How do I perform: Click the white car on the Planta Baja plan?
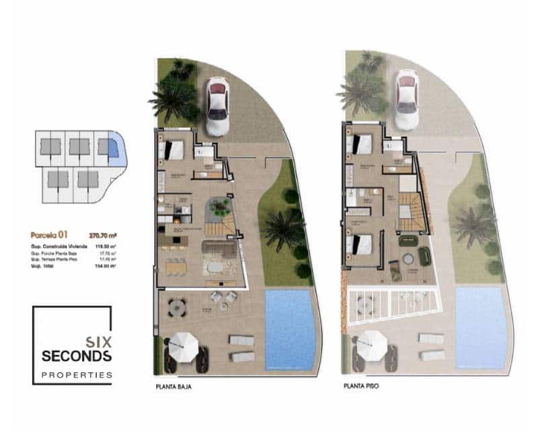pos(217,106)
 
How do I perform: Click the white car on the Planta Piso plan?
pos(406,99)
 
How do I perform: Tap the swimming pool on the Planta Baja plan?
pos(290,328)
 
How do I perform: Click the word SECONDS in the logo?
pos(77,356)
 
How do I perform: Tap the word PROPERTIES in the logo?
pos(77,375)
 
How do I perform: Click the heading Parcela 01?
pos(50,236)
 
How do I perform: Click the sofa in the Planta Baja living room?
pos(220,250)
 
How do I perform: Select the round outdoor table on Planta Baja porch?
pos(177,307)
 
